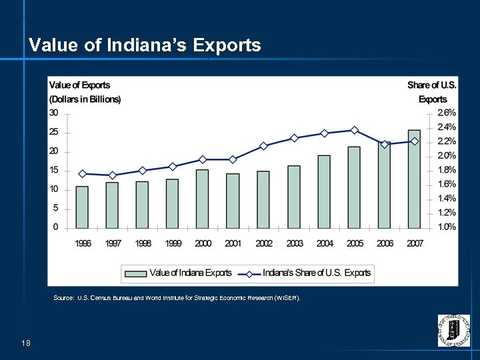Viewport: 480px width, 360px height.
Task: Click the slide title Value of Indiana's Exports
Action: (145, 45)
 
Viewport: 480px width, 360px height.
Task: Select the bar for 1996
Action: (82, 207)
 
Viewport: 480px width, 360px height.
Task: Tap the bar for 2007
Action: (414, 179)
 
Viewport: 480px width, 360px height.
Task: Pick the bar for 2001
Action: (233, 201)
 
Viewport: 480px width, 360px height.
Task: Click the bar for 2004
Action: (324, 191)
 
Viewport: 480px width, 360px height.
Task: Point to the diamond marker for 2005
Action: (355, 131)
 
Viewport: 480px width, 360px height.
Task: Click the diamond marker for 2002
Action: (263, 146)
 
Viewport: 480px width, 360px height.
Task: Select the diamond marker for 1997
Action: (112, 175)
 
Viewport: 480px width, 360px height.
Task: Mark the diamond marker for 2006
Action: (385, 145)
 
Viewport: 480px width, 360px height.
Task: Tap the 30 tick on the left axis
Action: (53, 113)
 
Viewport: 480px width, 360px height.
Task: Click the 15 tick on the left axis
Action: (53, 171)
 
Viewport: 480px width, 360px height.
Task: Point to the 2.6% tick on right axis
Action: (446, 113)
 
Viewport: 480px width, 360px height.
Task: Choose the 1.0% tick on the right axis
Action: (446, 227)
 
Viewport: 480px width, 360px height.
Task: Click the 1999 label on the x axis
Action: (173, 244)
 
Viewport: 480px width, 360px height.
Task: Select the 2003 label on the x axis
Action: (294, 244)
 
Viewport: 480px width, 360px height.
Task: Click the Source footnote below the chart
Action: (177, 298)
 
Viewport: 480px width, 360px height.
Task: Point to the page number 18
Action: (26, 343)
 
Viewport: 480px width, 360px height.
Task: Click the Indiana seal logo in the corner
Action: (453, 331)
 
